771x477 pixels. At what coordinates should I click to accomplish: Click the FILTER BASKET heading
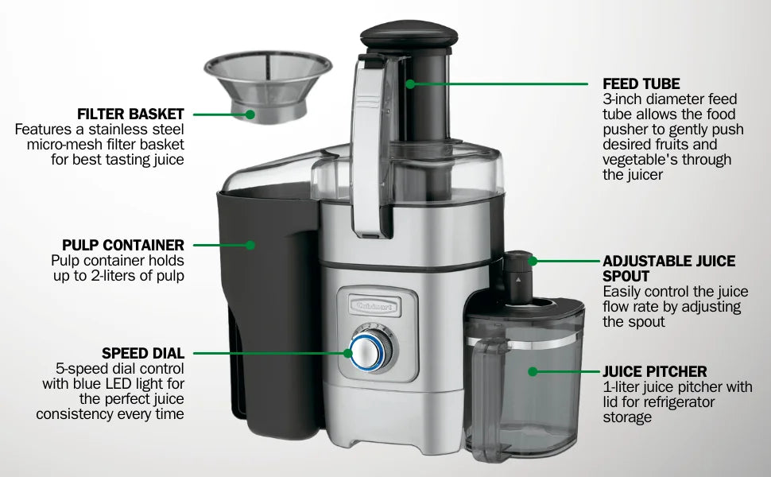click(x=130, y=114)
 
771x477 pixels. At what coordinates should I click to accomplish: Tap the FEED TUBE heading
click(x=641, y=83)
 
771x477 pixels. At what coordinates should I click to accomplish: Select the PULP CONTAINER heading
click(x=123, y=245)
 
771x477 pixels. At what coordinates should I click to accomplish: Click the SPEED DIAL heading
click(x=143, y=353)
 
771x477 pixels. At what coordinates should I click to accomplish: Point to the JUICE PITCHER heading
click(x=655, y=371)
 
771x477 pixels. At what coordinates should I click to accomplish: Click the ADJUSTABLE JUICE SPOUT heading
click(x=669, y=269)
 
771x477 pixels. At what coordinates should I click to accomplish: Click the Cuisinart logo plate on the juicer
click(x=374, y=306)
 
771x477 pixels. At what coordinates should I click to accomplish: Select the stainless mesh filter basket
click(x=268, y=86)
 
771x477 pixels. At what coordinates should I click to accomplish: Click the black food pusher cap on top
click(x=409, y=36)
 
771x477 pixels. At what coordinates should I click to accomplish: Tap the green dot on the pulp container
click(x=250, y=245)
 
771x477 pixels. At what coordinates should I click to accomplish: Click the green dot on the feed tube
click(x=411, y=84)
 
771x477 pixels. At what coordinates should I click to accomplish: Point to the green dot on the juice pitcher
click(x=533, y=371)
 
